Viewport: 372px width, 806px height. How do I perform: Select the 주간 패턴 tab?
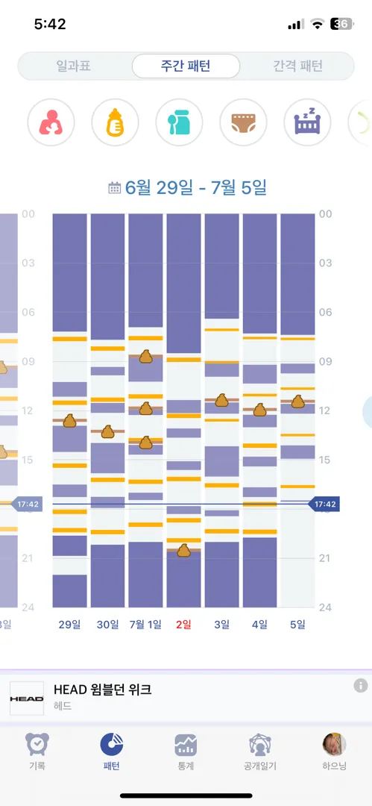click(186, 66)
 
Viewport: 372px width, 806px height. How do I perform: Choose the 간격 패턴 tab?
click(297, 66)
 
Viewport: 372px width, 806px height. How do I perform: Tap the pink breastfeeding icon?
click(51, 122)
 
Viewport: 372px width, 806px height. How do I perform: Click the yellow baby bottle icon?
click(115, 122)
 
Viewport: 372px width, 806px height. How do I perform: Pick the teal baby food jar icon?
click(180, 122)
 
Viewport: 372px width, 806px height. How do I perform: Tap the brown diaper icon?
click(244, 122)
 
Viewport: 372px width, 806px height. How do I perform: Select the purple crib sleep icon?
click(307, 122)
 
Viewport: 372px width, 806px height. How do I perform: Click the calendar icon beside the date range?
click(115, 187)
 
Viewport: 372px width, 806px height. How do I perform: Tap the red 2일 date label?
click(183, 625)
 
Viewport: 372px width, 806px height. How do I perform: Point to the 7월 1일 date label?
click(145, 625)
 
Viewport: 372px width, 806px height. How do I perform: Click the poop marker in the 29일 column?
click(70, 420)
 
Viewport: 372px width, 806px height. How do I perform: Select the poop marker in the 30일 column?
click(107, 432)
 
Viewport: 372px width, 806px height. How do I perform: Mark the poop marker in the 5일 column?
click(298, 402)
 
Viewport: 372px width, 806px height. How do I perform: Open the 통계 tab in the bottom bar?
click(186, 752)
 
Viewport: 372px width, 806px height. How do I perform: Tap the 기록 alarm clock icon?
click(37, 744)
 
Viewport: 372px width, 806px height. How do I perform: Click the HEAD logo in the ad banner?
click(27, 699)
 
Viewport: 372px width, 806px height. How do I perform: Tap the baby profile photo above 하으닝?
click(334, 744)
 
